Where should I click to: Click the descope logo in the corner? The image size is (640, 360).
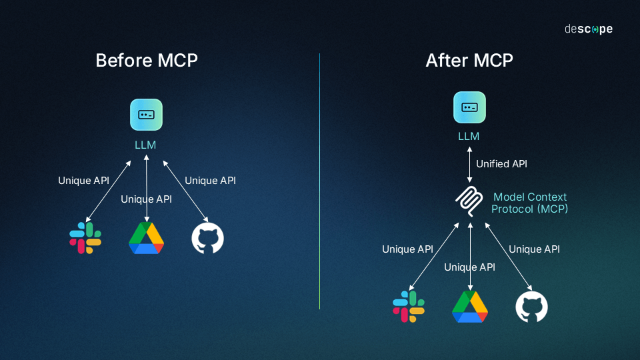tap(588, 29)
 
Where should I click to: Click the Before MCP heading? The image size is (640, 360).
tap(147, 60)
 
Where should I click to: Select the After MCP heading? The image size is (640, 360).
tap(469, 60)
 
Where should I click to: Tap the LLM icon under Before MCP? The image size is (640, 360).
tap(147, 115)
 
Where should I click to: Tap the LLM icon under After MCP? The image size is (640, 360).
tap(470, 107)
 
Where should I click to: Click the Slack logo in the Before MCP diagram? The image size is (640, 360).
tap(85, 238)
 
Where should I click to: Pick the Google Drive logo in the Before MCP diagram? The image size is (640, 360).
tap(147, 238)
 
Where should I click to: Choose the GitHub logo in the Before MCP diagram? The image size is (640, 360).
tap(208, 239)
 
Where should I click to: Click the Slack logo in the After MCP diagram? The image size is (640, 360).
tap(409, 306)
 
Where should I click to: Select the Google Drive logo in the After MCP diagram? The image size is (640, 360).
tap(470, 306)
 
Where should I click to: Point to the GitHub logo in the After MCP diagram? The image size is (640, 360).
tap(531, 307)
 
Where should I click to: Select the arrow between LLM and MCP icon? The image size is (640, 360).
tap(470, 163)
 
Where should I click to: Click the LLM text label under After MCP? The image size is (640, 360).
tap(469, 137)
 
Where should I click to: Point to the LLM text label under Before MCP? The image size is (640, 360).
tap(145, 145)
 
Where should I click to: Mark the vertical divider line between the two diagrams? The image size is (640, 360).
tap(320, 180)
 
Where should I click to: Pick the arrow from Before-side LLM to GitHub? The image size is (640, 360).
tap(186, 191)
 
